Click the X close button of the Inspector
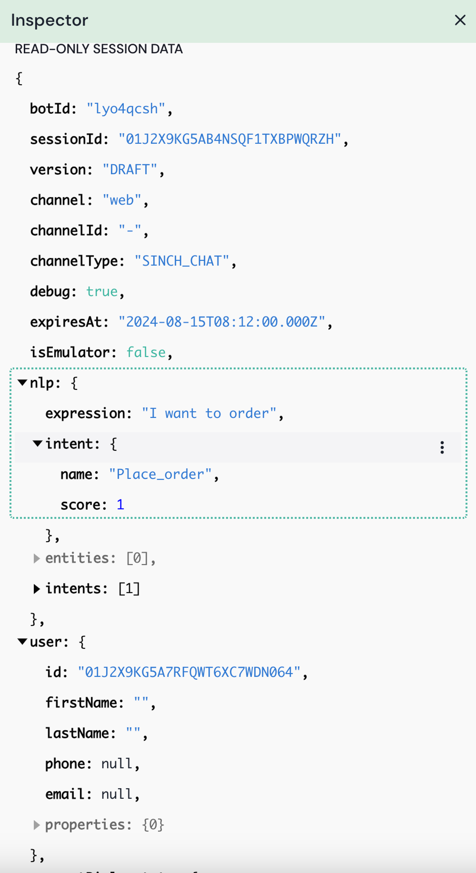pos(460,20)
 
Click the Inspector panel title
pos(50,20)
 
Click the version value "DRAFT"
pos(129,169)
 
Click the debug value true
pos(102,292)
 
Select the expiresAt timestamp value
pos(222,322)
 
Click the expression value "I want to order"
pos(209,413)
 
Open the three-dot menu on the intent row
pos(442,447)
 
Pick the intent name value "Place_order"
pos(160,474)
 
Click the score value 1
pos(120,505)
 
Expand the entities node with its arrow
pos(37,558)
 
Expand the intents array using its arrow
pos(37,589)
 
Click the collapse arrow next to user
pos(22,641)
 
